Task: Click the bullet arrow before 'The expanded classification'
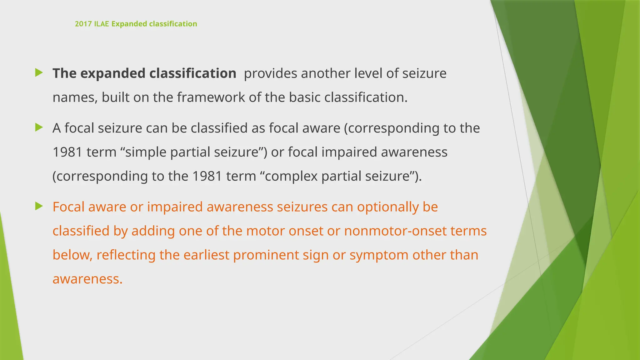coord(39,73)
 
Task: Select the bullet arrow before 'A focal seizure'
coord(39,127)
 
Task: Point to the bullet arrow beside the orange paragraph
coord(39,206)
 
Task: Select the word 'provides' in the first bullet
coord(271,73)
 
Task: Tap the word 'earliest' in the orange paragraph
coord(206,255)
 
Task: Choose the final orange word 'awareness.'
coord(87,279)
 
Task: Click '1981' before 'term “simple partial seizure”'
coord(67,152)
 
